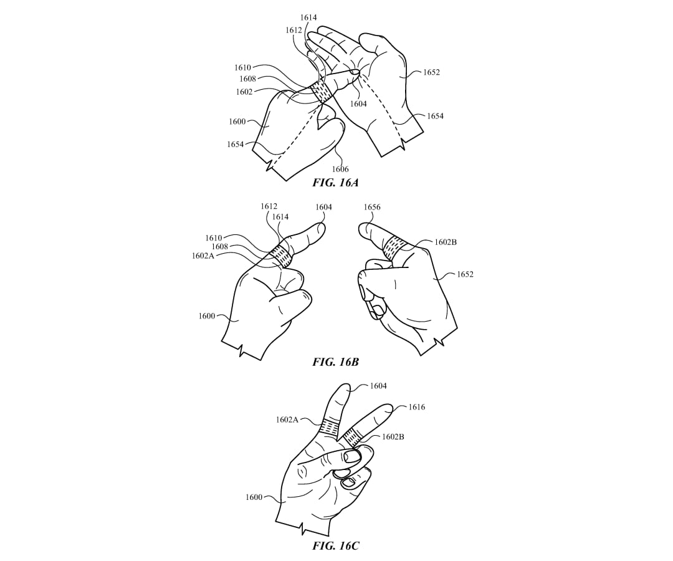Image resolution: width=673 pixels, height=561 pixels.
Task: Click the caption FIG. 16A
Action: click(x=335, y=183)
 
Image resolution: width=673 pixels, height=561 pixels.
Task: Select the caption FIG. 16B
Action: click(x=335, y=362)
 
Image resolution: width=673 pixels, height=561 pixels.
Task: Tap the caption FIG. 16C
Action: click(x=335, y=546)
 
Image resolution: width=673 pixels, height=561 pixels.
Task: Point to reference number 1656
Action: click(x=372, y=208)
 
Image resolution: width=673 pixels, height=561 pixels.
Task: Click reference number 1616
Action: click(x=416, y=407)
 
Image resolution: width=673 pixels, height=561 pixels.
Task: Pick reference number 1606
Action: click(x=340, y=169)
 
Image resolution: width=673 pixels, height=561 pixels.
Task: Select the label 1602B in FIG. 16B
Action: click(x=446, y=242)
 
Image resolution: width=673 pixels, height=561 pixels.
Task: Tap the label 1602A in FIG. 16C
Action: click(x=287, y=420)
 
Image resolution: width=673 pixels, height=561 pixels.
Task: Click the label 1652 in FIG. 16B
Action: click(x=465, y=274)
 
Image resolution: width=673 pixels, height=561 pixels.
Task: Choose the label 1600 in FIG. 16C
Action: click(x=254, y=497)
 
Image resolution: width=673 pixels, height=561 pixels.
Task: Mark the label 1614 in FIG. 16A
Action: click(x=308, y=17)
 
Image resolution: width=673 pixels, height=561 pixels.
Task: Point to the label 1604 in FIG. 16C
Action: click(x=378, y=386)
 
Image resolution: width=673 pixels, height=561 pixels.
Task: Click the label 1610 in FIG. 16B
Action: click(x=213, y=238)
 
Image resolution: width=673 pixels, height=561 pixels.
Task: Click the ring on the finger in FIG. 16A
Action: click(x=322, y=91)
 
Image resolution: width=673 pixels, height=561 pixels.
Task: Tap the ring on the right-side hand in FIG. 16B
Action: click(x=394, y=248)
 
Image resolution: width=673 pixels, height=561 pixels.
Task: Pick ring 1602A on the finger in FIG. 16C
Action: click(x=330, y=426)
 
